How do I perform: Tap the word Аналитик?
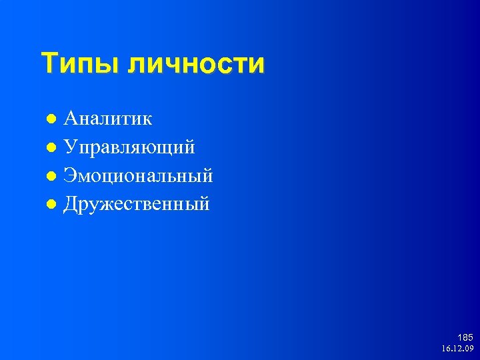(108, 119)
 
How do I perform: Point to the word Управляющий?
(129, 147)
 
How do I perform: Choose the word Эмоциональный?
(138, 176)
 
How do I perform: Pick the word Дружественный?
(137, 204)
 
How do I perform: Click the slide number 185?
(465, 338)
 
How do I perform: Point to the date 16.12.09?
(457, 349)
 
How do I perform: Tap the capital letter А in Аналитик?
(71, 118)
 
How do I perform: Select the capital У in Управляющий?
(70, 147)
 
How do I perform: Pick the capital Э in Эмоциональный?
(70, 175)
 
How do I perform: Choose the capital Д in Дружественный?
(71, 204)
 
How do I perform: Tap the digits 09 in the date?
(469, 349)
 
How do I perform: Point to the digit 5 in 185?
(470, 338)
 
